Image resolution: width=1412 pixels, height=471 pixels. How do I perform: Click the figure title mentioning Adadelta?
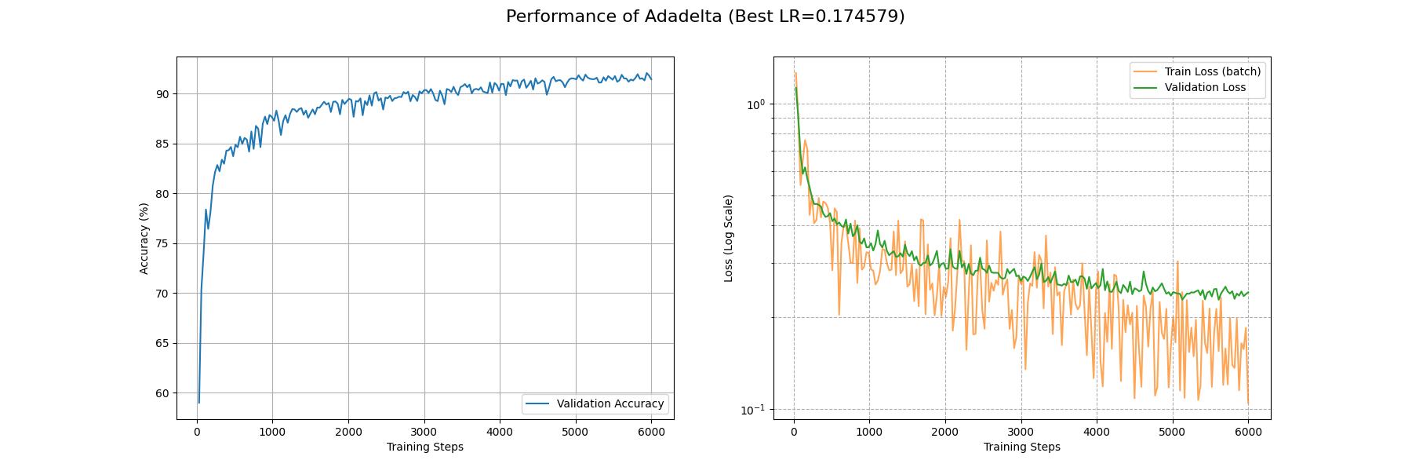705,16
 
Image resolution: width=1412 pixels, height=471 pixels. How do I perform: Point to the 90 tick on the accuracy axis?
162,94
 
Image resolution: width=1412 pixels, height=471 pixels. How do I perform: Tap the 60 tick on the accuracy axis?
162,393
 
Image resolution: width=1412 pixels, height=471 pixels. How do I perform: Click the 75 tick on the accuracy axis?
162,243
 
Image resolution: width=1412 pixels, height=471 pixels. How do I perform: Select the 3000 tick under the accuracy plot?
424,432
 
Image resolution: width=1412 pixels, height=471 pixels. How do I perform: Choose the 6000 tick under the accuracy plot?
651,432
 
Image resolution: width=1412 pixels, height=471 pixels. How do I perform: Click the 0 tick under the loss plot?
794,432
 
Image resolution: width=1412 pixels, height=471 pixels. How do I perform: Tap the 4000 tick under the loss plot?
1097,432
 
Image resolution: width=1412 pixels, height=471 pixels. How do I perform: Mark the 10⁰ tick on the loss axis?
755,104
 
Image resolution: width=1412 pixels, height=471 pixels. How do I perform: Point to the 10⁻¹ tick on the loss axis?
753,410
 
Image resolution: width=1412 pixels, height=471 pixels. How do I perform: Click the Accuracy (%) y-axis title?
144,238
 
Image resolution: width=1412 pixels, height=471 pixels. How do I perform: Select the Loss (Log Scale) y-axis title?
729,238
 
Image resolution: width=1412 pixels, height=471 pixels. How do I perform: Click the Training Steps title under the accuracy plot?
424,447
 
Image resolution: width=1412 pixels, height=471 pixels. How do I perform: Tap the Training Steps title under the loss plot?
1021,447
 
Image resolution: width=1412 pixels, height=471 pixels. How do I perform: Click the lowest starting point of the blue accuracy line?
199,403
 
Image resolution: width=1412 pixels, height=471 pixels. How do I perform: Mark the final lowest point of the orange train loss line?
1248,404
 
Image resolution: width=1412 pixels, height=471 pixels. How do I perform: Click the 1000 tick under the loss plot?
869,432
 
